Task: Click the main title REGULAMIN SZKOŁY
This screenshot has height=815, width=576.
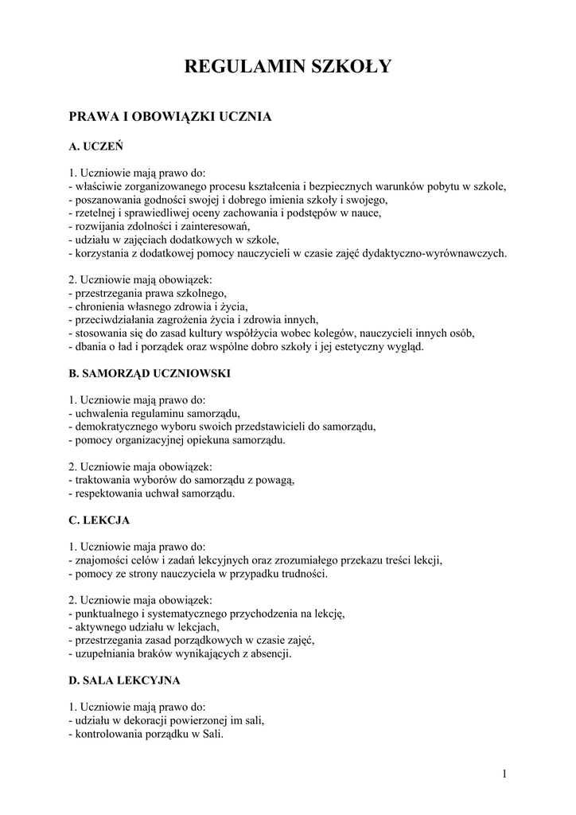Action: tap(288, 67)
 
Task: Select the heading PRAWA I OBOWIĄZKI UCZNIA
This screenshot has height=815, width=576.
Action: tap(170, 117)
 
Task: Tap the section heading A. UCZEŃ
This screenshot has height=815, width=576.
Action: tap(95, 146)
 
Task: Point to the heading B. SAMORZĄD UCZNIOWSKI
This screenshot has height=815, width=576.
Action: tap(150, 372)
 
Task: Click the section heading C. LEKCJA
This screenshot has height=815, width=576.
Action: tap(99, 521)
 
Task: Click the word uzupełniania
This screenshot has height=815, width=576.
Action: tap(104, 654)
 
